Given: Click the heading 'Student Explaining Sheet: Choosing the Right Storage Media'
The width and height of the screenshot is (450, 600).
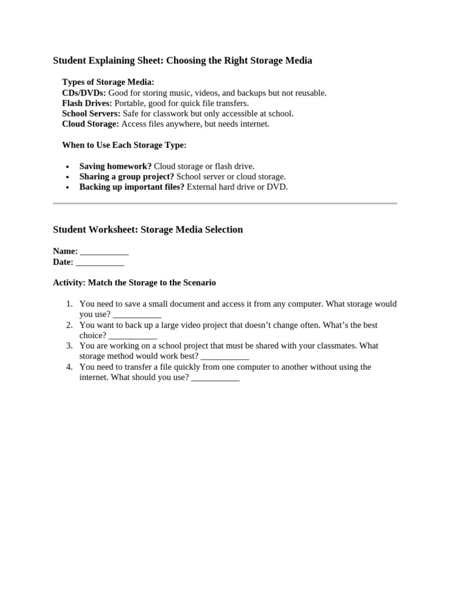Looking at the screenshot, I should [182, 60].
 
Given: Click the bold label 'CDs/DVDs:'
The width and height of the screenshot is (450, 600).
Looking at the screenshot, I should [84, 93].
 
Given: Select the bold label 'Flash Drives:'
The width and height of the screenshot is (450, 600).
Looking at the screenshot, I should [87, 103].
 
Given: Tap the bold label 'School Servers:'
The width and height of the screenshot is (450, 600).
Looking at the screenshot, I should [91, 114].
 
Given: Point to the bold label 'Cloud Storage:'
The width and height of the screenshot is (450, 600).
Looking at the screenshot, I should [90, 124].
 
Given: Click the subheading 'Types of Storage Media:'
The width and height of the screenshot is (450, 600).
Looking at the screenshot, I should [108, 82].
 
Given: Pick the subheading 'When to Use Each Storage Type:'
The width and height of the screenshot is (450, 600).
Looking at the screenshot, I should [124, 145].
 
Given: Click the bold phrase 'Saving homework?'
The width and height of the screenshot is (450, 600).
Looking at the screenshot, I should [115, 166].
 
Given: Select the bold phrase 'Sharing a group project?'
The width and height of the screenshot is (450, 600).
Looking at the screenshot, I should [127, 176].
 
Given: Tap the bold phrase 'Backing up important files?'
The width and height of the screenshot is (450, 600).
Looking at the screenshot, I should [132, 187].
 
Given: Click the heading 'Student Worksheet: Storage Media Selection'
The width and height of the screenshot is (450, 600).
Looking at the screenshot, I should [148, 230].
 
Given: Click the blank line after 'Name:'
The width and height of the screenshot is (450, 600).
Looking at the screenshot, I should [104, 253].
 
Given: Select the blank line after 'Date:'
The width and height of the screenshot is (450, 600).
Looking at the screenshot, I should [100, 263].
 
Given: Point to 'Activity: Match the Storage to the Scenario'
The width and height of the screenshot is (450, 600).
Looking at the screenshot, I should [134, 282].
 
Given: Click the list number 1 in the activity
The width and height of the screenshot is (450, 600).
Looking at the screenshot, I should [69, 304].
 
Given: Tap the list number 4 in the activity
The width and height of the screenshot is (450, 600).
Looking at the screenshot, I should [69, 367].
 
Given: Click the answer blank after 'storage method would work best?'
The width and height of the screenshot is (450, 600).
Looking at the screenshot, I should [225, 357].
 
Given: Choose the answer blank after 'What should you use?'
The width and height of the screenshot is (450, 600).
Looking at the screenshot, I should [215, 378].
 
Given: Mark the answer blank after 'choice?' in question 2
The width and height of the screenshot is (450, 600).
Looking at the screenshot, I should [132, 336].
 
